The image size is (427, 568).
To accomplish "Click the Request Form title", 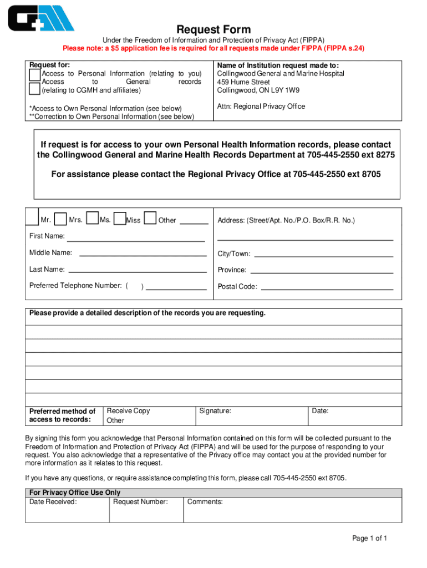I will point(213,29).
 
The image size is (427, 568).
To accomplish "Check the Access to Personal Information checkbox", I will point(34,74).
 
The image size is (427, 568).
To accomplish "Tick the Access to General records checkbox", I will point(34,88).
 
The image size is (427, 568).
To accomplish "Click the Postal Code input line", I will point(327,288).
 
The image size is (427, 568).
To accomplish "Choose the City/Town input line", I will point(323,256).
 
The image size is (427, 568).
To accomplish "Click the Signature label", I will point(215,411).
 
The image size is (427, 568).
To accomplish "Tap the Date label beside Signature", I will point(320,411).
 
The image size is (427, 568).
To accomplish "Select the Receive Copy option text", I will point(128,411).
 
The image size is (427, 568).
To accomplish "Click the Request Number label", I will point(140,502).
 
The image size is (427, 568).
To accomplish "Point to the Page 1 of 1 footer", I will point(369,539).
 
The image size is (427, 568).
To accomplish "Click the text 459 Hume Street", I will point(243,82).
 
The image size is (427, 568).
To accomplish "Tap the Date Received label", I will point(53,502).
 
